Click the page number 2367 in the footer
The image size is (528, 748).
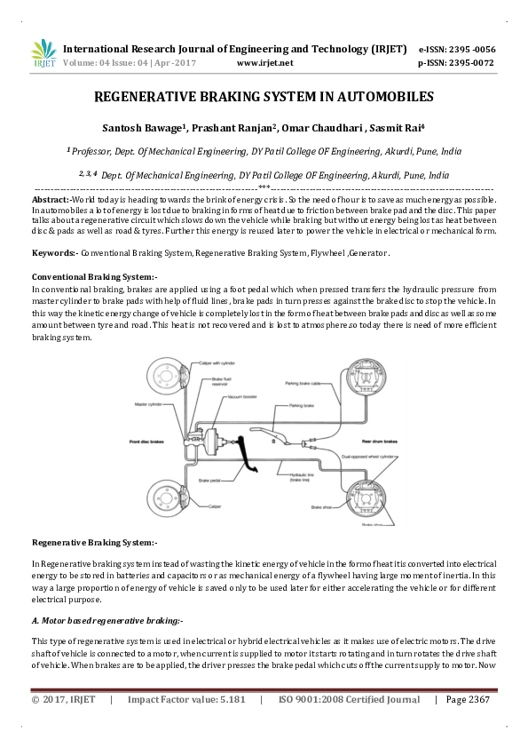[479, 699]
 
